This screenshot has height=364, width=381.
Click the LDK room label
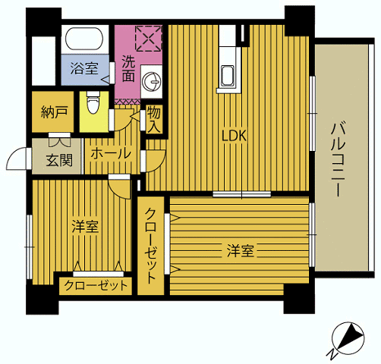tap(234, 136)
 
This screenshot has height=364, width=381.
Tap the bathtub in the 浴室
tap(84, 39)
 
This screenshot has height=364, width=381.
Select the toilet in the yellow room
tap(93, 102)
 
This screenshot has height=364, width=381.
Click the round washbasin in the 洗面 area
tap(151, 81)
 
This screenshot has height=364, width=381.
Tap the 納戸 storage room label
tap(54, 112)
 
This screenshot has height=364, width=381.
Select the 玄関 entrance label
tap(59, 160)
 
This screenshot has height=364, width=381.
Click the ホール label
tap(111, 154)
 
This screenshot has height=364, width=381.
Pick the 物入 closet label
tap(154, 119)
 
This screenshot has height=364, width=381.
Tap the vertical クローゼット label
tap(151, 246)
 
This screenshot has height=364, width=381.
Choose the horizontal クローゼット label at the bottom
tap(96, 286)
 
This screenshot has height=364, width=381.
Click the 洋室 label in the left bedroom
tap(85, 227)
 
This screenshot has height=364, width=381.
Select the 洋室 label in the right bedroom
tap(240, 250)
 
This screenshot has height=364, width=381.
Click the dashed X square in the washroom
tap(148, 39)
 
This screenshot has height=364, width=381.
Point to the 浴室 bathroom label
tap(84, 68)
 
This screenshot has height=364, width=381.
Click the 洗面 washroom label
tap(128, 68)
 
